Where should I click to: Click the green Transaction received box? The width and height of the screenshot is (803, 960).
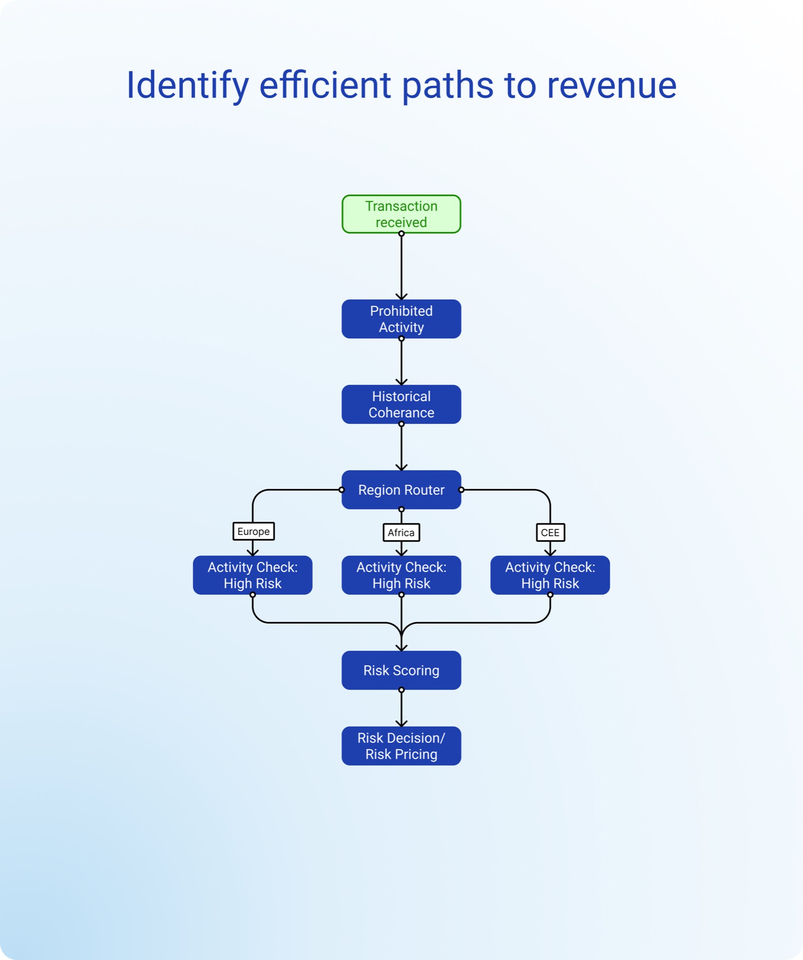tap(401, 214)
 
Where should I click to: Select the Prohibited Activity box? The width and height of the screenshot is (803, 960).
tap(401, 319)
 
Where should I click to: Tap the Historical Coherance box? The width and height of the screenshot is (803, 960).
tap(401, 404)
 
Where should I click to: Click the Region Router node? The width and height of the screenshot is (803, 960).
tap(401, 490)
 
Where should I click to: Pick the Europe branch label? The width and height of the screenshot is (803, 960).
tap(254, 532)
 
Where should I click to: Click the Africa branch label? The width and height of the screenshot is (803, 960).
tap(401, 533)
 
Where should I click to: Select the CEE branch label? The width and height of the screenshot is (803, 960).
tap(550, 533)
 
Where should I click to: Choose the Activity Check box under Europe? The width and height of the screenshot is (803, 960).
tap(253, 575)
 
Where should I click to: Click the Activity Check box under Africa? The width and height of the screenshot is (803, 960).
tap(401, 575)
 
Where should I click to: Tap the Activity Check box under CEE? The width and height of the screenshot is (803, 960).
tap(550, 575)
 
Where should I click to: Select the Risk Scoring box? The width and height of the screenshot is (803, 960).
tap(401, 670)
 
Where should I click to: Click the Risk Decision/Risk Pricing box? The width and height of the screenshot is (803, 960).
tap(401, 746)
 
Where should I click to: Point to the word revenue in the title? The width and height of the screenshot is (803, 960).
tap(612, 86)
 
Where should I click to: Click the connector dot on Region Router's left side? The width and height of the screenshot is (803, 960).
tap(342, 490)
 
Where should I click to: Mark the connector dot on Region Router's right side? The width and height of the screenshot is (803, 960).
tap(461, 490)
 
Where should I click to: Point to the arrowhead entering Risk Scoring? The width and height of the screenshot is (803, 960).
tap(401, 647)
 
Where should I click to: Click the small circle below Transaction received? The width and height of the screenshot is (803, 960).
tap(401, 233)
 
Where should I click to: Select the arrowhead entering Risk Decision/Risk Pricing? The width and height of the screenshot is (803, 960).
tap(401, 723)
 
